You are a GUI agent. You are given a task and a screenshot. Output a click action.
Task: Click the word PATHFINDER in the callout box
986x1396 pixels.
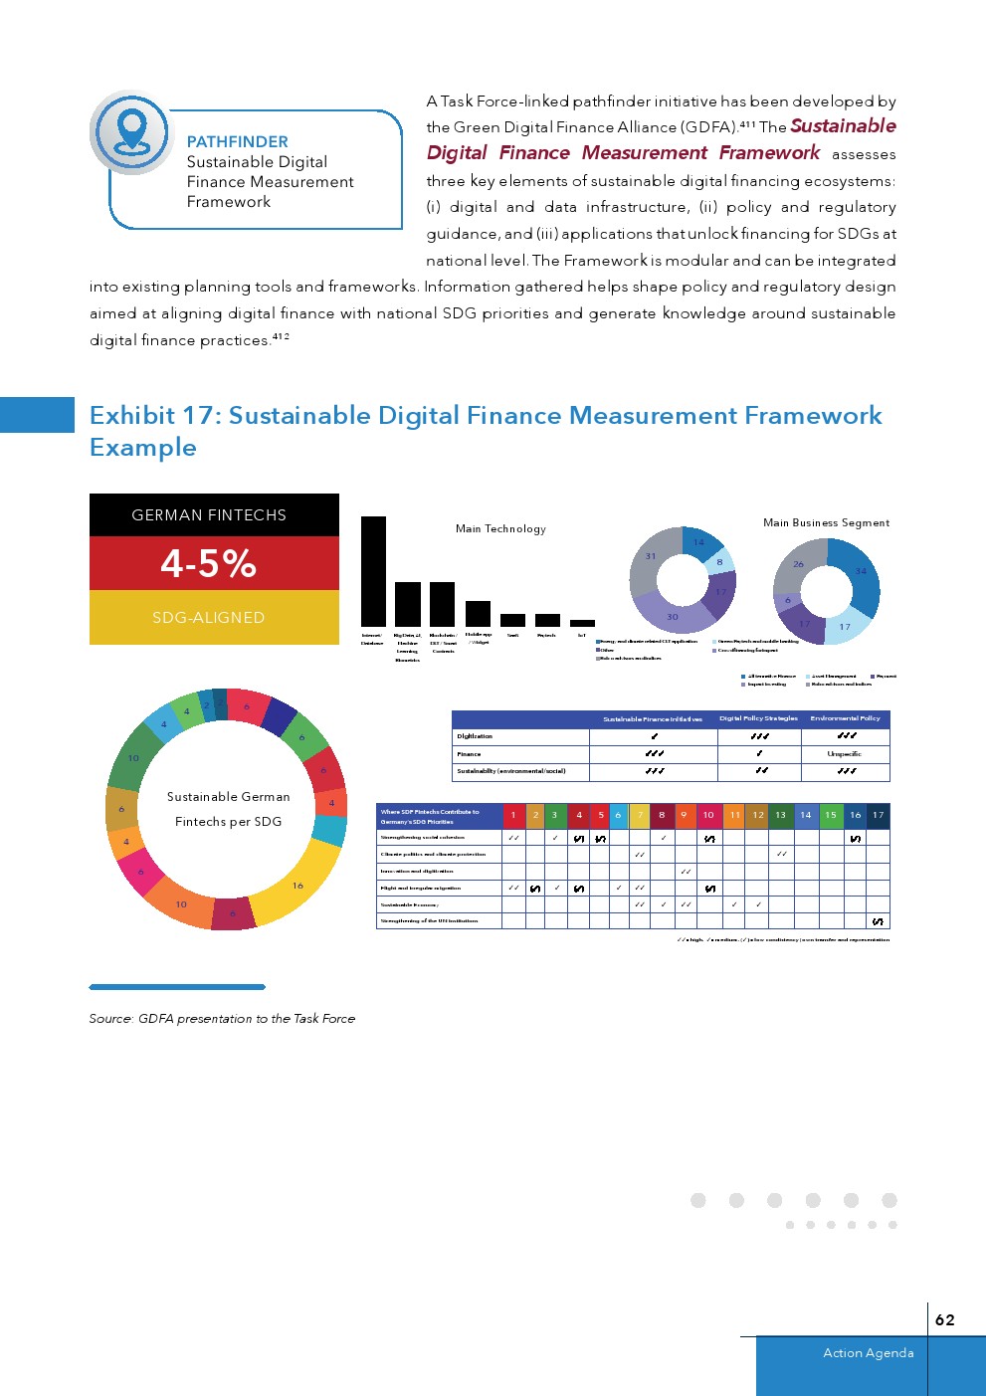point(237,142)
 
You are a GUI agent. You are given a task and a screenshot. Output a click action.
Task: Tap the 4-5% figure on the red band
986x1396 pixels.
point(209,563)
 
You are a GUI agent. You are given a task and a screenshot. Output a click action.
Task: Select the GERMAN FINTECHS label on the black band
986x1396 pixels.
point(209,515)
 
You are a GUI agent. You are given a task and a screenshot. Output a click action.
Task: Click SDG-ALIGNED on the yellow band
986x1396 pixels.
point(209,618)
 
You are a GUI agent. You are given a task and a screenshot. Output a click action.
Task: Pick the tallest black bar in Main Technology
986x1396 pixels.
point(373,571)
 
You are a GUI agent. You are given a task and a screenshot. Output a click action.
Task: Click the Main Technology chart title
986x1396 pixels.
point(500,529)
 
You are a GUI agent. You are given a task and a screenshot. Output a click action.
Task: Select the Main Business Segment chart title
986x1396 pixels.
point(826,522)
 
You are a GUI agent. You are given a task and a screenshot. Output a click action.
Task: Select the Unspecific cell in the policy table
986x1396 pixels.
point(845,754)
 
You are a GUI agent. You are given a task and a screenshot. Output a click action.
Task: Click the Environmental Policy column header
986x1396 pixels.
point(845,718)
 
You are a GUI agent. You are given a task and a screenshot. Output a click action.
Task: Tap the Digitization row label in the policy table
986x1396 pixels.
point(475,736)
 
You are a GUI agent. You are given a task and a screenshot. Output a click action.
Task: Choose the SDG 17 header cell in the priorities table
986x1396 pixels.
point(878,815)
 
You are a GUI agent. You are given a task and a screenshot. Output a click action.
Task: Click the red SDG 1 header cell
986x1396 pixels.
point(513,815)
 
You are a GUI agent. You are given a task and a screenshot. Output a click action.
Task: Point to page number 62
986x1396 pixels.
point(944,1319)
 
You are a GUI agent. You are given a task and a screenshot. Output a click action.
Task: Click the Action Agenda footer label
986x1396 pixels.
point(868,1353)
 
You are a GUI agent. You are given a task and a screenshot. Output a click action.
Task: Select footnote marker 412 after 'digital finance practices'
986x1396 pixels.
point(281,336)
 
